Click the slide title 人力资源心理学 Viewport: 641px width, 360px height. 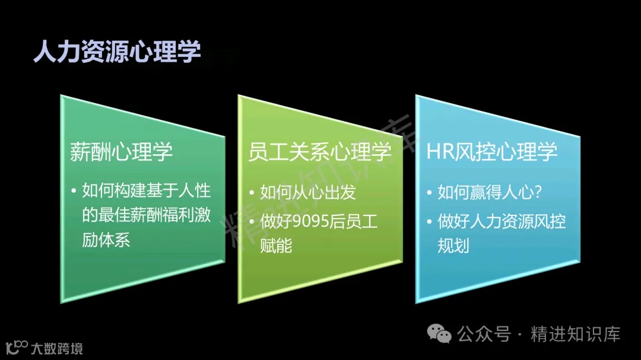point(117,52)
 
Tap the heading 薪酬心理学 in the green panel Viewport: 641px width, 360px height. point(121,152)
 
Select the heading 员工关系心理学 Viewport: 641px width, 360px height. point(320,152)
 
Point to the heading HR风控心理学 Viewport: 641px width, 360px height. point(492,152)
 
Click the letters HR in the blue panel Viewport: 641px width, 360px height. point(440,152)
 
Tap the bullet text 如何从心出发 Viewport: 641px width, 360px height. point(308,192)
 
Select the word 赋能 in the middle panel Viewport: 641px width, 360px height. point(276,245)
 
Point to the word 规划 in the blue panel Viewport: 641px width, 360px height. point(453,245)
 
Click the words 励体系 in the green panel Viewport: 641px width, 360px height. point(106,240)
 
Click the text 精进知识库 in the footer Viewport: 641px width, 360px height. point(575,334)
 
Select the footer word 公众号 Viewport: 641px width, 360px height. point(484,334)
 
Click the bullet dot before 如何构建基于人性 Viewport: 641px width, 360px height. point(74,192)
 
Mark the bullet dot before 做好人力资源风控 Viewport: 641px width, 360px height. point(429,222)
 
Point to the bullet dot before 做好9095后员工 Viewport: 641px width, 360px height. point(252,222)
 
